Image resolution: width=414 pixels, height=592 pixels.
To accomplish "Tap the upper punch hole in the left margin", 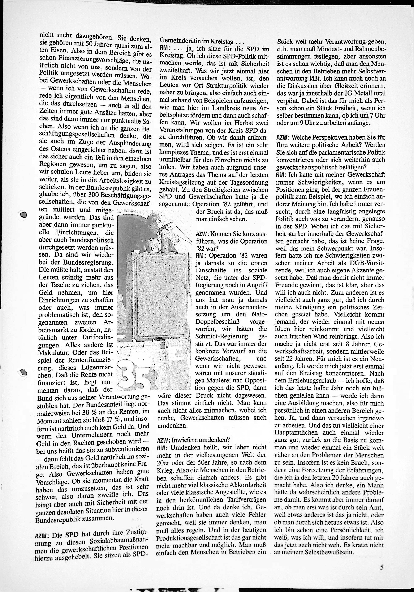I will (23, 215).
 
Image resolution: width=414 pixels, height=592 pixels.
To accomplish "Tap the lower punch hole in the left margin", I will (23, 372).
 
